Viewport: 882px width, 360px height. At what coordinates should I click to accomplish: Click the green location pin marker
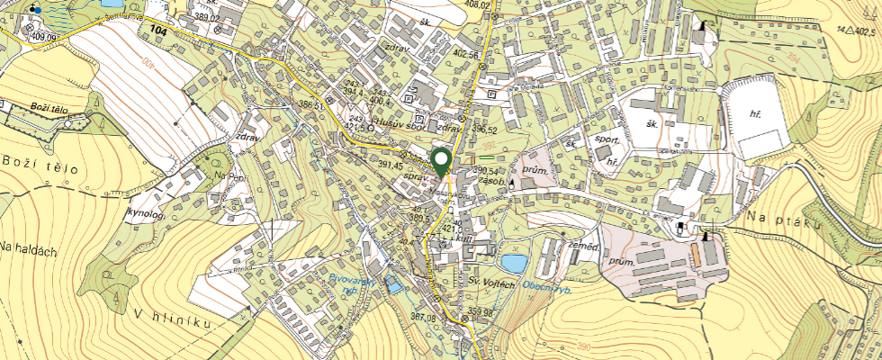[x=442, y=162]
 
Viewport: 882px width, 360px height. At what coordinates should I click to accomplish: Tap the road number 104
[x=159, y=31]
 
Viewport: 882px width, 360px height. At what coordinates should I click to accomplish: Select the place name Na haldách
[x=28, y=248]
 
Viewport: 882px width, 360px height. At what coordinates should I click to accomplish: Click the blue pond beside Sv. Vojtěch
[x=513, y=264]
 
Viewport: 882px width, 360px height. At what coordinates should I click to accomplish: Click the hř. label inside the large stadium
[x=754, y=115]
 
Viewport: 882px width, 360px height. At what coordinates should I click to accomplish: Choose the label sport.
[x=607, y=142]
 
